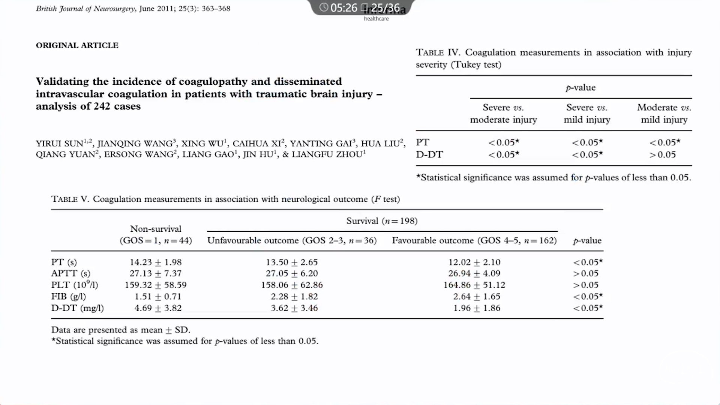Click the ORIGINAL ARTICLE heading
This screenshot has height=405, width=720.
(77, 45)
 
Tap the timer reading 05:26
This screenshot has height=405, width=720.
(343, 8)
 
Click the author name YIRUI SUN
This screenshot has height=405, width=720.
(60, 143)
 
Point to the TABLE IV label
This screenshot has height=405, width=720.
(438, 52)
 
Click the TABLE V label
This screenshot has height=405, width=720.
(70, 199)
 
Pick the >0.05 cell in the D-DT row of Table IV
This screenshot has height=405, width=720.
(662, 154)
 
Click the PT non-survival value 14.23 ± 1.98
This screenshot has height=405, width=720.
(156, 262)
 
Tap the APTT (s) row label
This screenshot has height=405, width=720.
(70, 273)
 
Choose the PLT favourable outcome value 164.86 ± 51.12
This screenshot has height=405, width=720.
(474, 285)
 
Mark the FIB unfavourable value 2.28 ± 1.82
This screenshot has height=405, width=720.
(294, 296)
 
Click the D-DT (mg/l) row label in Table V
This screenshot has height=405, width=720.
(77, 308)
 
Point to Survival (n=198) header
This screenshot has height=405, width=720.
(382, 221)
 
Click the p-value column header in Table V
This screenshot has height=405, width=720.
(587, 240)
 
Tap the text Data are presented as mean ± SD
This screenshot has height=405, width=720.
(121, 330)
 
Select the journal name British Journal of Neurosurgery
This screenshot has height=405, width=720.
(85, 8)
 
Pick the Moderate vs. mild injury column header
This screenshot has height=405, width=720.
(664, 113)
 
